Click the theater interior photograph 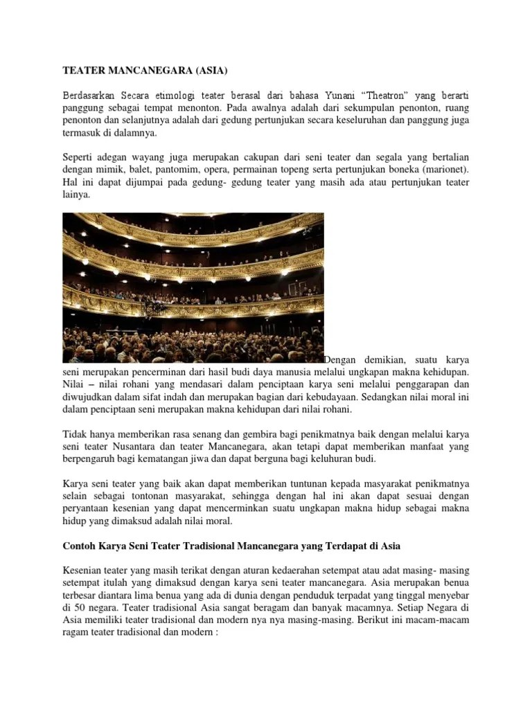click(x=193, y=287)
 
